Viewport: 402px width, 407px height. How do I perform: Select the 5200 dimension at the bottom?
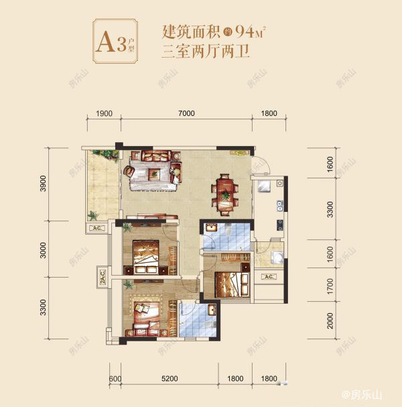pos(169,379)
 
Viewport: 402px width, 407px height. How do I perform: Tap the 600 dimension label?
pos(115,379)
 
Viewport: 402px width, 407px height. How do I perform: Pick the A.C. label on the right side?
pos(267,276)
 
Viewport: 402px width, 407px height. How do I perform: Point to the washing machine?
pos(274,259)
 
